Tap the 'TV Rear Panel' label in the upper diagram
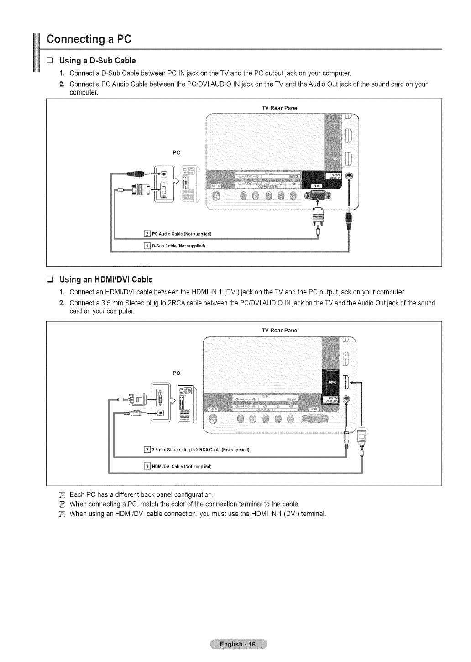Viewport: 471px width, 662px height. [280, 108]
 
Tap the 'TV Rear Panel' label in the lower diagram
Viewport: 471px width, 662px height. [280, 330]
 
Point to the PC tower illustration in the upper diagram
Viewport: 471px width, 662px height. [188, 184]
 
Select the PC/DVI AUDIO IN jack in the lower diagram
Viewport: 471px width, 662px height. [348, 398]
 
